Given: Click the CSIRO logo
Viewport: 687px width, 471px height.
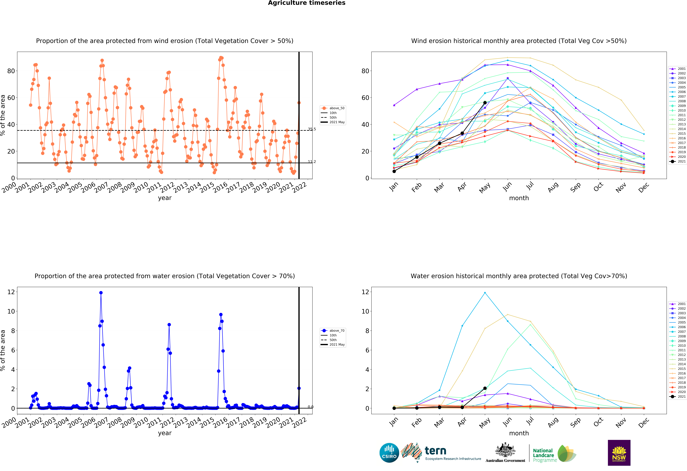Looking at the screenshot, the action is (x=389, y=453).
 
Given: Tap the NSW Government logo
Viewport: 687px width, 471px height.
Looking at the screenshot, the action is (x=619, y=453).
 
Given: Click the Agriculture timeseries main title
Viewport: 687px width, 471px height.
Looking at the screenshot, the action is (x=307, y=3).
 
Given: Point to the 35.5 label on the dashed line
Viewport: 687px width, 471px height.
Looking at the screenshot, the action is (x=312, y=129).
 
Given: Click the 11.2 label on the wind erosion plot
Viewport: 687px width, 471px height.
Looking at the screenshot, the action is (x=312, y=162).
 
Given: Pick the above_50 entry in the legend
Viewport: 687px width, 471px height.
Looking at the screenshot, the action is (x=333, y=108).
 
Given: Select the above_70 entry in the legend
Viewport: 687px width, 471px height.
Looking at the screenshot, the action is (x=333, y=331).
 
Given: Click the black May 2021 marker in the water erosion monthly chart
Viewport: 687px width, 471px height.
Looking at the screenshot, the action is (x=485, y=388).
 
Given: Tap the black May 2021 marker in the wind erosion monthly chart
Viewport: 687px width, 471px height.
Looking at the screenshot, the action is (x=485, y=103).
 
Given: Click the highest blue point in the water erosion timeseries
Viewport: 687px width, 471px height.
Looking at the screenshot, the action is (x=101, y=293).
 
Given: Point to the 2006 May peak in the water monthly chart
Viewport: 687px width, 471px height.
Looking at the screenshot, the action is (x=485, y=293).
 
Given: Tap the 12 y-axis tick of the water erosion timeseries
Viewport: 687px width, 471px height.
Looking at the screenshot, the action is (x=11, y=292).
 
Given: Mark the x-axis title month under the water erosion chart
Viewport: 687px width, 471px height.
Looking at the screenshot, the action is (x=519, y=433).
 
